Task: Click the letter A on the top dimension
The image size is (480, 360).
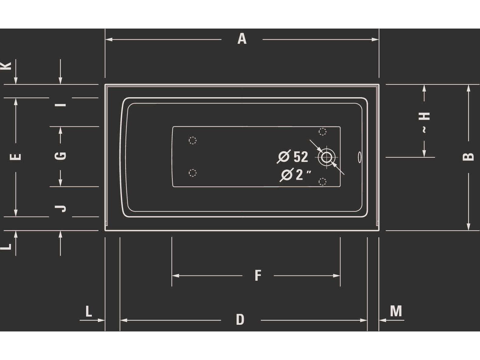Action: pyautogui.click(x=242, y=39)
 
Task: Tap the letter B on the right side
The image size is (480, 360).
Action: pyautogui.click(x=468, y=156)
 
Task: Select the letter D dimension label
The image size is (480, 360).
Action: pyautogui.click(x=240, y=320)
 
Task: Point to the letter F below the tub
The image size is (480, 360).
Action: pyautogui.click(x=258, y=275)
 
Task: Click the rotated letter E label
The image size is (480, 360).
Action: pyautogui.click(x=16, y=157)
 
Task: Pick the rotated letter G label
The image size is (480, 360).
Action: pyautogui.click(x=60, y=156)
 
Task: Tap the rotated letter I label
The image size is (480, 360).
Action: pyautogui.click(x=60, y=105)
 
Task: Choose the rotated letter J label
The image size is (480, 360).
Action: pyautogui.click(x=60, y=208)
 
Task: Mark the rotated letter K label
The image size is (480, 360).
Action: pyautogui.click(x=6, y=66)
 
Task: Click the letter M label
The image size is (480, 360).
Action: pyautogui.click(x=396, y=311)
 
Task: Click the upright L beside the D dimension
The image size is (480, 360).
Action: pyautogui.click(x=88, y=311)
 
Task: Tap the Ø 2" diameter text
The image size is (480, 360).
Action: pyautogui.click(x=295, y=175)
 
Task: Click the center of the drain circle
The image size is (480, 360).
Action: pyautogui.click(x=326, y=157)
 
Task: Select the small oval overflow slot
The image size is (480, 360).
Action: pyautogui.click(x=360, y=157)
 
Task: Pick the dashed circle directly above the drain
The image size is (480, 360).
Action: pyautogui.click(x=323, y=132)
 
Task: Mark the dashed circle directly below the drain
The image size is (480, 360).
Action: pyautogui.click(x=323, y=182)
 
